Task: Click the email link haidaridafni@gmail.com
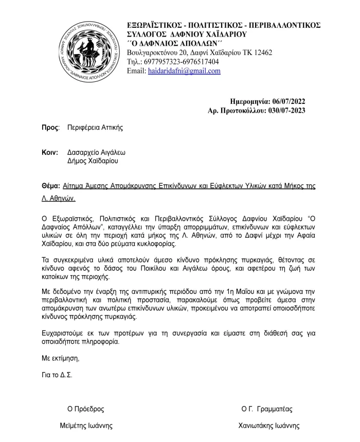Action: (184, 72)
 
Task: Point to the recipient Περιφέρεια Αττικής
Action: (95, 127)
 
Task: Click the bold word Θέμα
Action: (50, 185)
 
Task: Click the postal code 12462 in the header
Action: (262, 52)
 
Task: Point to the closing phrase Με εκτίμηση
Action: (61, 359)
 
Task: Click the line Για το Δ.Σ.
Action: (57, 375)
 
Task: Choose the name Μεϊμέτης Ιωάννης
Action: (86, 426)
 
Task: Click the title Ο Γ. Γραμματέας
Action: (266, 409)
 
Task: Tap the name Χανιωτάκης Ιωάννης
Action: (268, 426)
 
